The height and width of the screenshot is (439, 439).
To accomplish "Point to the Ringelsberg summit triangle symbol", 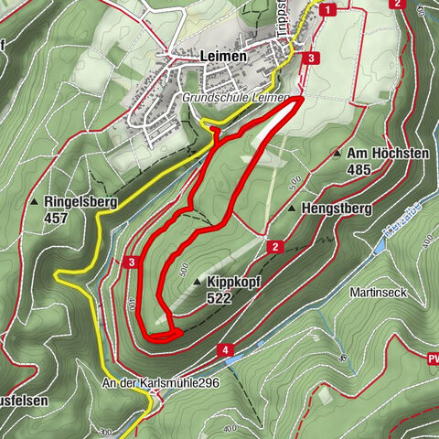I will pyautogui.click(x=35, y=202).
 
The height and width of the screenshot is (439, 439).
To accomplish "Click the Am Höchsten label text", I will pyautogui.click(x=389, y=154).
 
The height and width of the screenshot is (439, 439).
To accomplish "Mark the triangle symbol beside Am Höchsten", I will pyautogui.click(x=337, y=154).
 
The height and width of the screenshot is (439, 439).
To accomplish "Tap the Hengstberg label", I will pyautogui.click(x=335, y=209).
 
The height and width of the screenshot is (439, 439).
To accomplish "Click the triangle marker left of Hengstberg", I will pyautogui.click(x=292, y=209).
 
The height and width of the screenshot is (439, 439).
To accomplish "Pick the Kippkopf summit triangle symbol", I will pyautogui.click(x=198, y=284).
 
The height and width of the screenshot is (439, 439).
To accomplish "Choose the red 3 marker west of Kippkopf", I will pyautogui.click(x=132, y=263).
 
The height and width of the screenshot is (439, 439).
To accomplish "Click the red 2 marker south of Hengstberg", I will pyautogui.click(x=273, y=246).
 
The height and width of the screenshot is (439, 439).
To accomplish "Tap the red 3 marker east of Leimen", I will pyautogui.click(x=313, y=58).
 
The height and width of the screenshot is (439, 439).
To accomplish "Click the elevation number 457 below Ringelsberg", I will pyautogui.click(x=57, y=219).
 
